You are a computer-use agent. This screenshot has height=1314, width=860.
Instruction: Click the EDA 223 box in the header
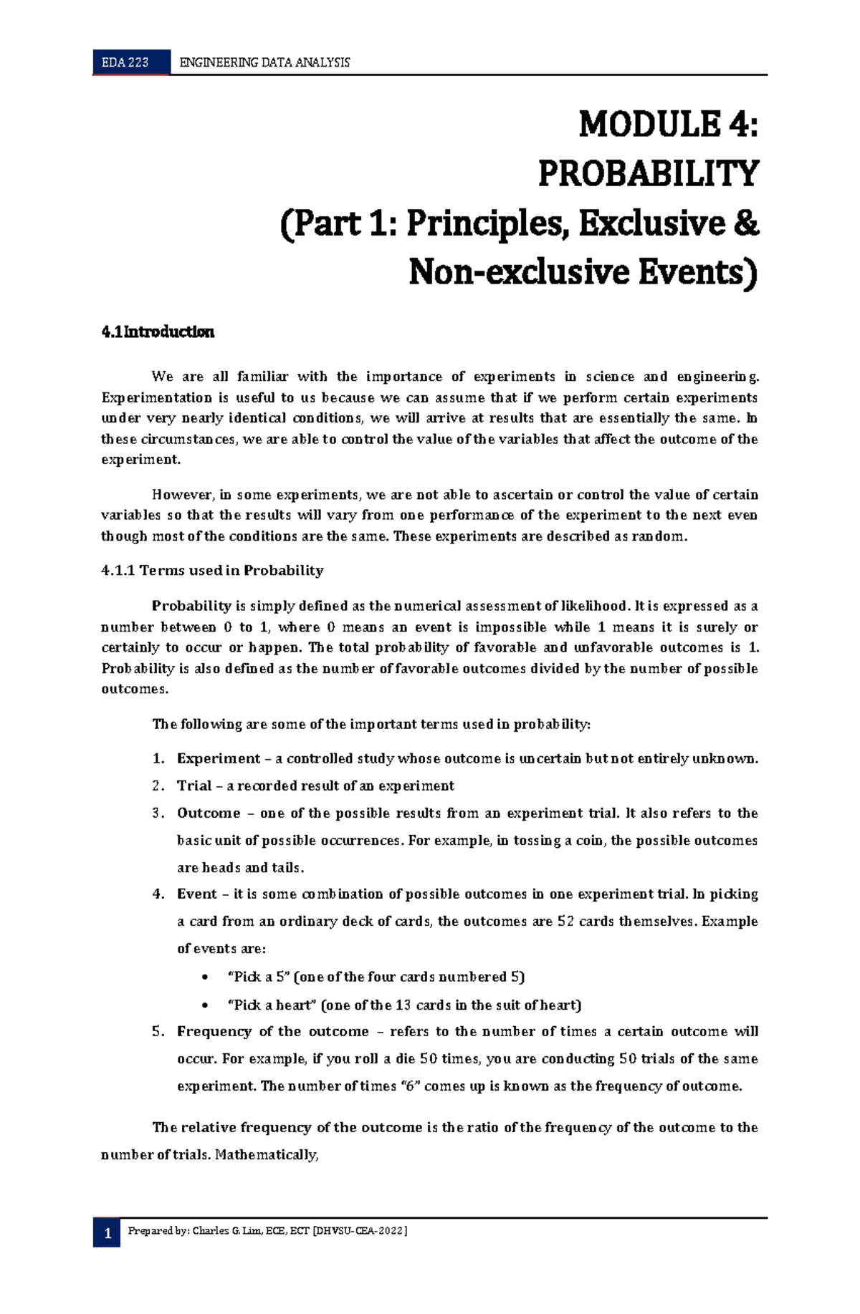[x=125, y=62]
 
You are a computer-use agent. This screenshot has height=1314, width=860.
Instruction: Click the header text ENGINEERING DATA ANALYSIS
[x=264, y=62]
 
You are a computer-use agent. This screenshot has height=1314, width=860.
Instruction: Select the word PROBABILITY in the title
[x=648, y=173]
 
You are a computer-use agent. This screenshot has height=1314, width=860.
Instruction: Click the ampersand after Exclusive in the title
[x=746, y=223]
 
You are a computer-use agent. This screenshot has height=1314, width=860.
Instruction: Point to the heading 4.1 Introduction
[x=158, y=332]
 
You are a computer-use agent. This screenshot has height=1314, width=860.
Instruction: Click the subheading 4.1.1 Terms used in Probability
[x=212, y=571]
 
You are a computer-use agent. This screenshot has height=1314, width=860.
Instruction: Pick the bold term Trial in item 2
[x=194, y=786]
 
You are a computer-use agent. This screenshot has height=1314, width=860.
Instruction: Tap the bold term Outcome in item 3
[x=209, y=813]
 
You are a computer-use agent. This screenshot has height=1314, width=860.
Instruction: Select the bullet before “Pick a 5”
[x=206, y=977]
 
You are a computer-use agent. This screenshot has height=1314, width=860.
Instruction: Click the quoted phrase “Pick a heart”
[x=272, y=1005]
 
